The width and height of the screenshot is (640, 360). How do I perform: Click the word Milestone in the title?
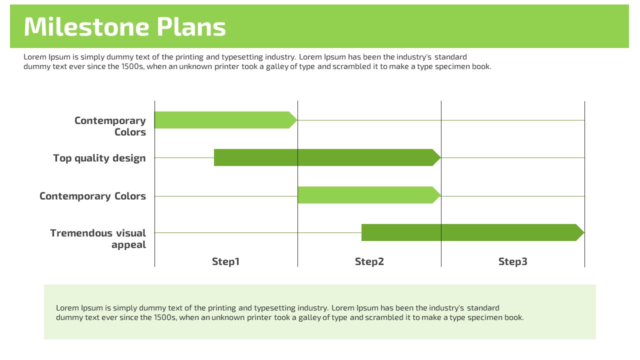click(86, 26)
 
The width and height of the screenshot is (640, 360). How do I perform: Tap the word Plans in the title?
click(191, 26)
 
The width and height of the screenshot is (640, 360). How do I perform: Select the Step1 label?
click(225, 261)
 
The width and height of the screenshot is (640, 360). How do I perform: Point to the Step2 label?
click(369, 261)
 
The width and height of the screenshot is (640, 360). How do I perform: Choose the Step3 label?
click(513, 261)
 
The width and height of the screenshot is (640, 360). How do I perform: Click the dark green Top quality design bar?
click(327, 157)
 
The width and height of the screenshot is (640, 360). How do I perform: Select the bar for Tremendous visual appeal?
click(473, 232)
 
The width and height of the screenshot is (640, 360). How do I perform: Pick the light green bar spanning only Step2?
click(369, 195)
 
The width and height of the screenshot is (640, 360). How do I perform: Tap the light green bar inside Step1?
click(225, 120)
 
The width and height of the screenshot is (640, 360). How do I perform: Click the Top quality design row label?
click(99, 158)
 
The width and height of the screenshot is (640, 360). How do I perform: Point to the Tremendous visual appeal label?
click(98, 239)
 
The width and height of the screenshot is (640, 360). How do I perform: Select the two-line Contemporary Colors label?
click(110, 126)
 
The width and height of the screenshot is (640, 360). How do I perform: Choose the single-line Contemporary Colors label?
click(92, 196)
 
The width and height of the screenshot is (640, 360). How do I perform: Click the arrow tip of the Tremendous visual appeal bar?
click(584, 232)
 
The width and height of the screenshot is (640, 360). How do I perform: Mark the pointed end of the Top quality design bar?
click(440, 157)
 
